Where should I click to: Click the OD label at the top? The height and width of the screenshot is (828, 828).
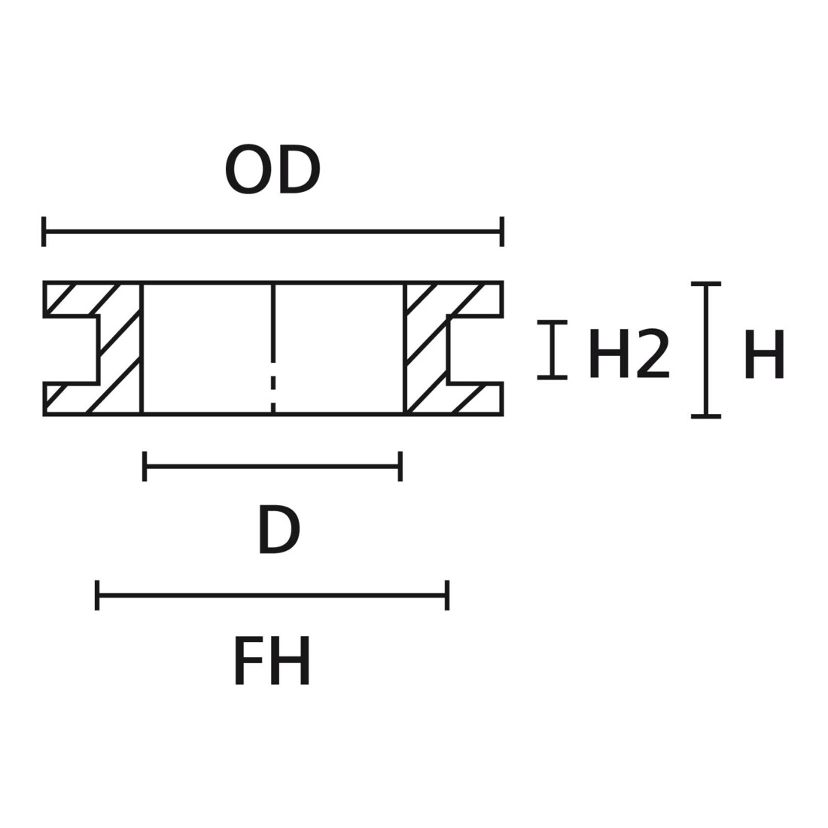pos(272,170)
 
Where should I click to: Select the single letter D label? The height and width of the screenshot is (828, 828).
pos(279,530)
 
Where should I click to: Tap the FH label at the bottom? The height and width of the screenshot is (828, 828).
pos(272,661)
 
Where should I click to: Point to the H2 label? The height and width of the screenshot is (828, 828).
pos(629,354)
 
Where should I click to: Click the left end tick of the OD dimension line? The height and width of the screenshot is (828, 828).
pos(44,231)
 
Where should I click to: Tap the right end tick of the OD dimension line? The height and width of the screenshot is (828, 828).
pos(501,231)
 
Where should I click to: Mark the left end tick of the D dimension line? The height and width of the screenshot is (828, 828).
pos(145,466)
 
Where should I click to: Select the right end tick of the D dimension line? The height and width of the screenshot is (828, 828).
pos(400,466)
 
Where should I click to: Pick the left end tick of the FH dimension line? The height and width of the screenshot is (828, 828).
pos(97,595)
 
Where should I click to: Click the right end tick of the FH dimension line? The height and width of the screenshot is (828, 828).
pos(447,595)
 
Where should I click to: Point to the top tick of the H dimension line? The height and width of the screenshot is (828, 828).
pos(706,284)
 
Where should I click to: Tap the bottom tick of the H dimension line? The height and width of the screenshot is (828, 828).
pos(706,417)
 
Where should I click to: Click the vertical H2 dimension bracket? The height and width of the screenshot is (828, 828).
pos(553,349)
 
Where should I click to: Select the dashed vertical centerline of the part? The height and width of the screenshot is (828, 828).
pos(273,349)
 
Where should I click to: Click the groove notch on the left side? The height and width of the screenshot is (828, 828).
pos(72,349)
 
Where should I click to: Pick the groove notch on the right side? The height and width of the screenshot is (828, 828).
pos(475,349)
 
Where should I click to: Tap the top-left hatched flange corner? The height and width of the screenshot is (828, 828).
pos(45,282)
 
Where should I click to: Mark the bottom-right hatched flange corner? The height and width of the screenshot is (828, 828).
pos(501,415)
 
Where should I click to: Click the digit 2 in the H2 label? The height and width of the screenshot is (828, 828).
pos(653,353)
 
